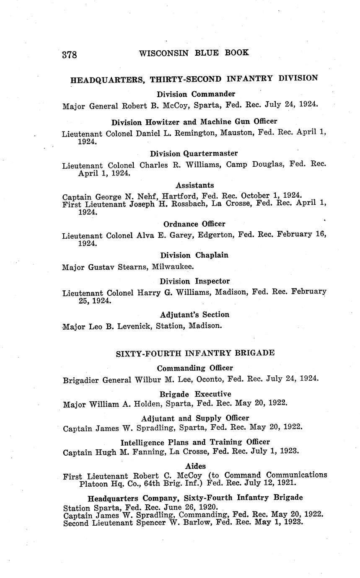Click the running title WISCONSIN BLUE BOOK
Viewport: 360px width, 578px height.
(194, 53)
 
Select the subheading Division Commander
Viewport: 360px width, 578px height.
(196, 94)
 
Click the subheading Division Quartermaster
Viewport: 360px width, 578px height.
(194, 153)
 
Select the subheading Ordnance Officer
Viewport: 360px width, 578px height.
(194, 224)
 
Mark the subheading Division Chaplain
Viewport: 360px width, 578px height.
(194, 255)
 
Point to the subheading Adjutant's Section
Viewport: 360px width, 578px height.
(194, 315)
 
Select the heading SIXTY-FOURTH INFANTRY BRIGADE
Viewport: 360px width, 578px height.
(195, 353)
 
